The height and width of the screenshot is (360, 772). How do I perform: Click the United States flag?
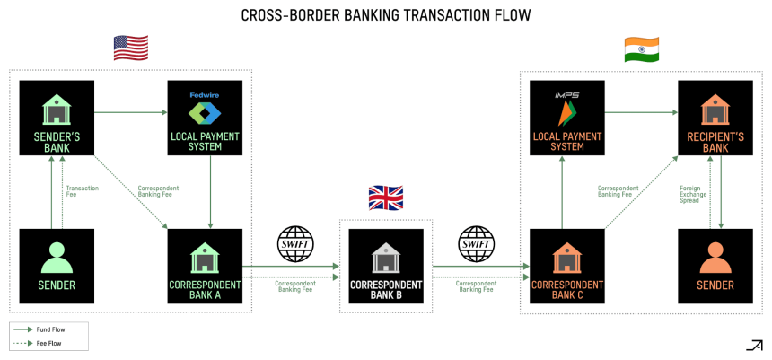click(131, 48)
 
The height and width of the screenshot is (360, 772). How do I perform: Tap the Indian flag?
click(642, 49)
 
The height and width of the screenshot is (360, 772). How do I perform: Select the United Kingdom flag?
click(386, 198)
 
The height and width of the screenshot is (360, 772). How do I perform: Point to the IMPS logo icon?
click(567, 109)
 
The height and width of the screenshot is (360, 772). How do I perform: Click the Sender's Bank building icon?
click(57, 109)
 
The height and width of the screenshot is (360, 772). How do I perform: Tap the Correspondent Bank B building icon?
click(386, 257)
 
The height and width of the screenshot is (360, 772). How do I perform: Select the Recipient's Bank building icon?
click(715, 109)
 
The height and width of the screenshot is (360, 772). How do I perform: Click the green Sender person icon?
click(57, 258)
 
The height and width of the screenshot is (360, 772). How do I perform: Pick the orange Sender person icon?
click(715, 258)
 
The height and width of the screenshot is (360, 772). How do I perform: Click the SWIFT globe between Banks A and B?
click(295, 244)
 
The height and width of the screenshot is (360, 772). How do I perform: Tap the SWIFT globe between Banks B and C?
click(476, 244)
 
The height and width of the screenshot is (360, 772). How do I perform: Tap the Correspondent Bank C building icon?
click(567, 257)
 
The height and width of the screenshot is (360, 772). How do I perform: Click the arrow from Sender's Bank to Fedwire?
click(131, 112)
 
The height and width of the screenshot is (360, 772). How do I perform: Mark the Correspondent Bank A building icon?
click(205, 257)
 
